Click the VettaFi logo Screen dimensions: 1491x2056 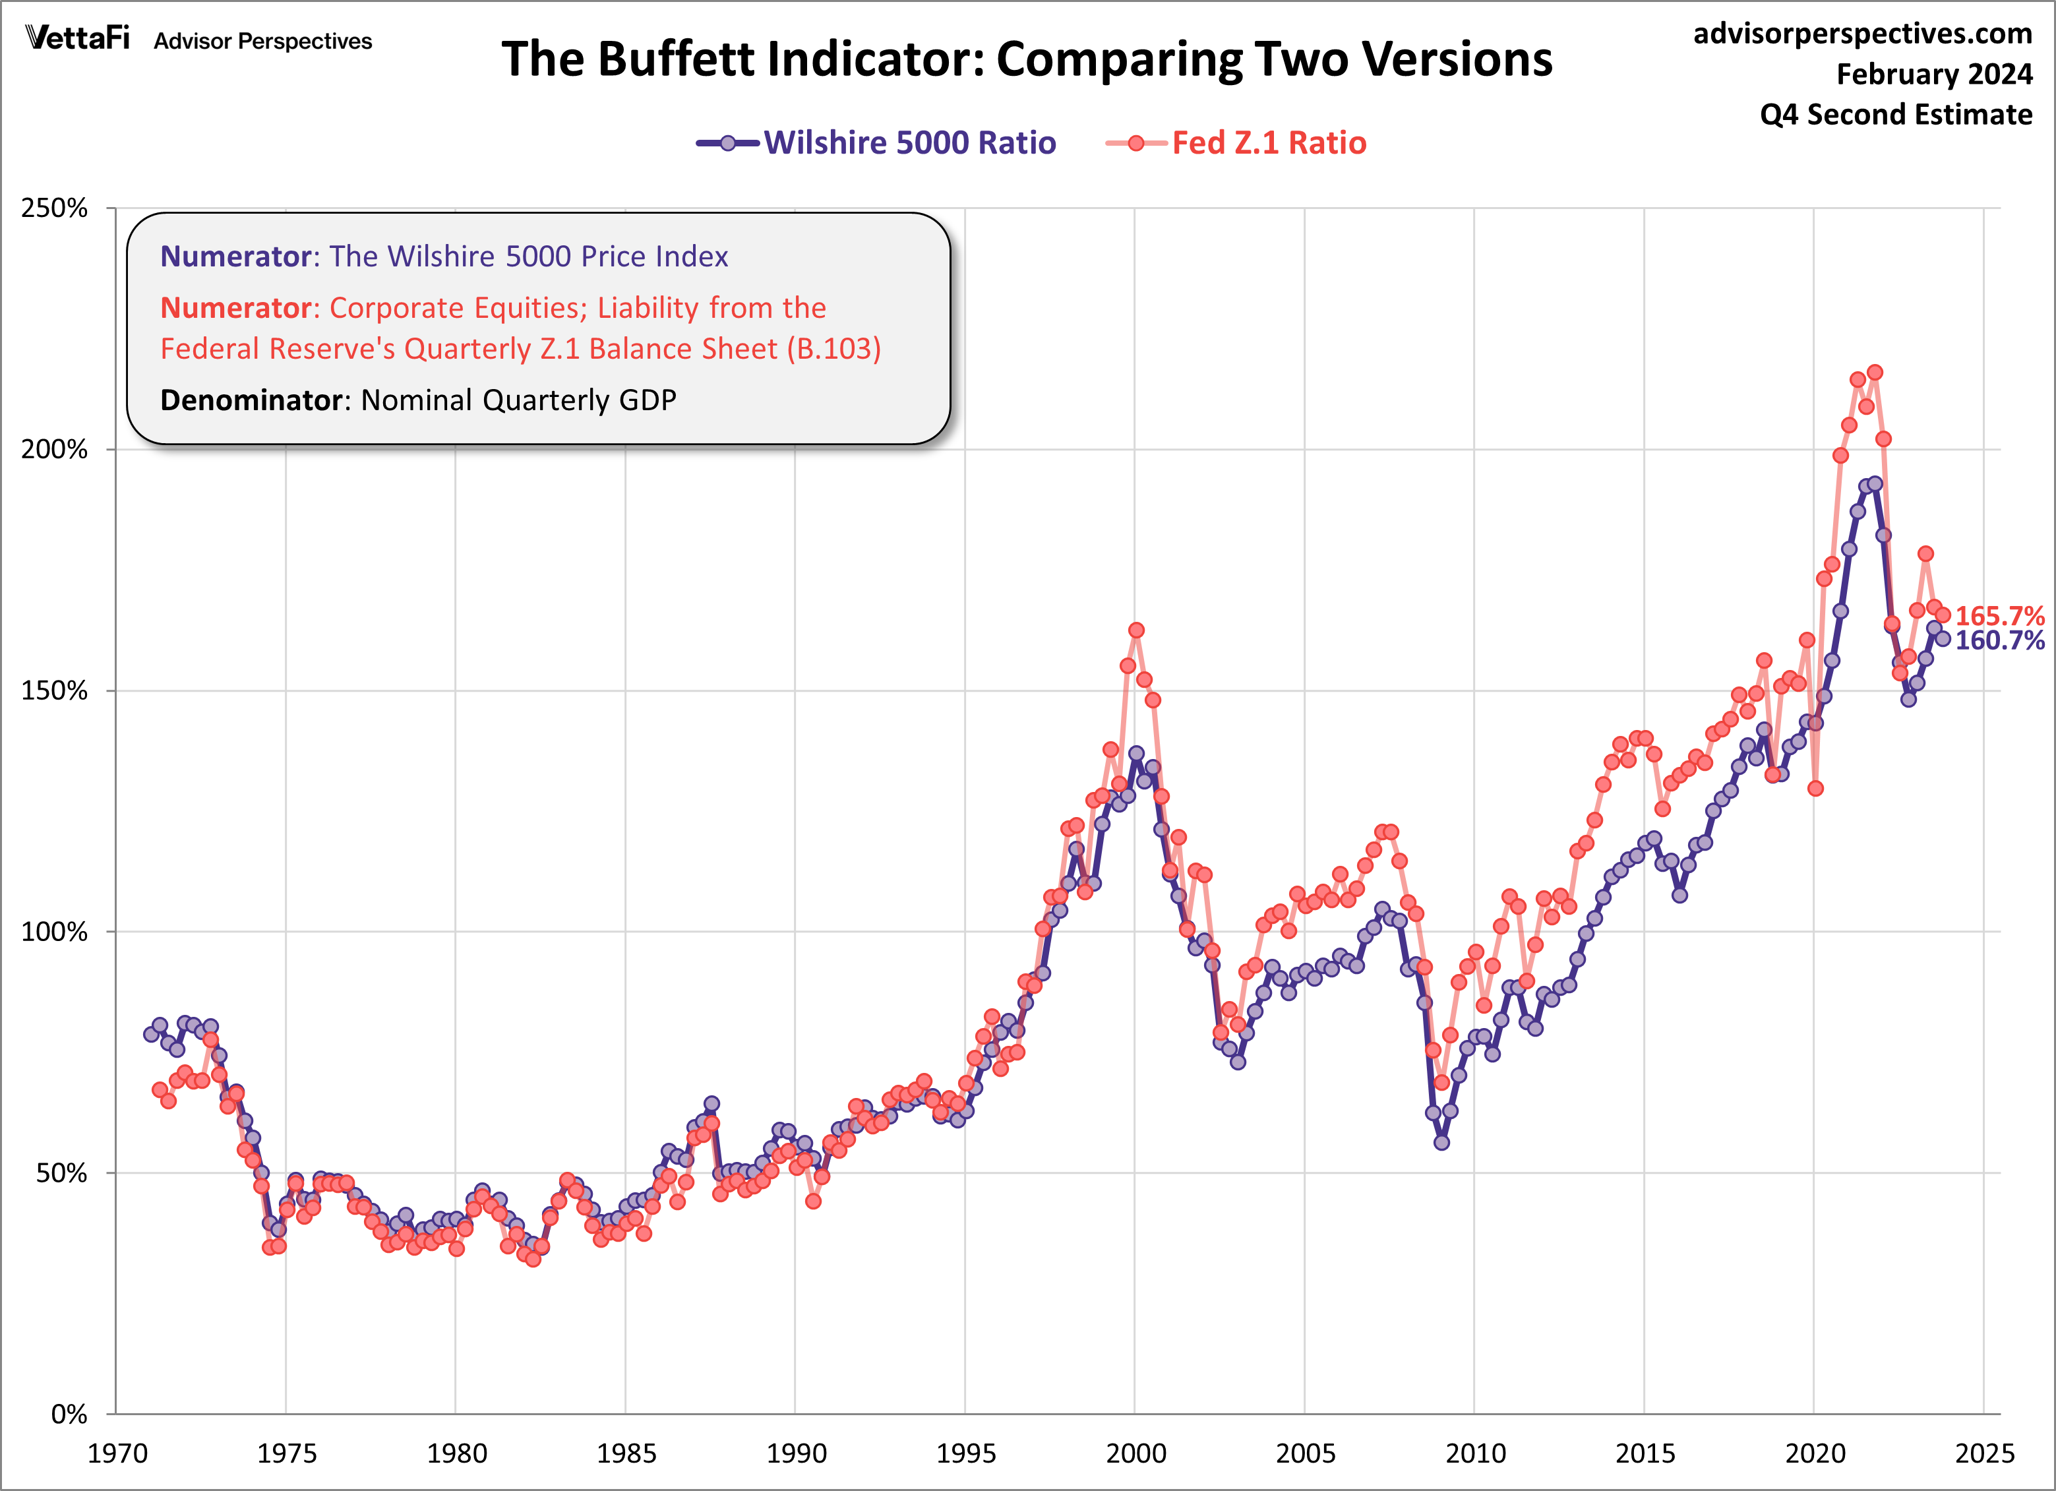coord(78,39)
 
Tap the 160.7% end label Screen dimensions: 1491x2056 coord(1998,641)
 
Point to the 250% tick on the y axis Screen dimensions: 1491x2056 coord(54,208)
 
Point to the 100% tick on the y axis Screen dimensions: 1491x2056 coord(54,932)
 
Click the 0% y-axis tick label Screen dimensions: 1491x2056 coord(69,1414)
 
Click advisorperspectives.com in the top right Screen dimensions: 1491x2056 coord(1862,34)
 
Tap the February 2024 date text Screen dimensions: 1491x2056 coord(1933,75)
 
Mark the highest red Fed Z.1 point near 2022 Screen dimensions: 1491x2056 coord(1875,373)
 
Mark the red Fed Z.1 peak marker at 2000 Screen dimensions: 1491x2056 coord(1136,630)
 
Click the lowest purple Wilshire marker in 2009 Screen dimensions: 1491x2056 coord(1441,1142)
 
